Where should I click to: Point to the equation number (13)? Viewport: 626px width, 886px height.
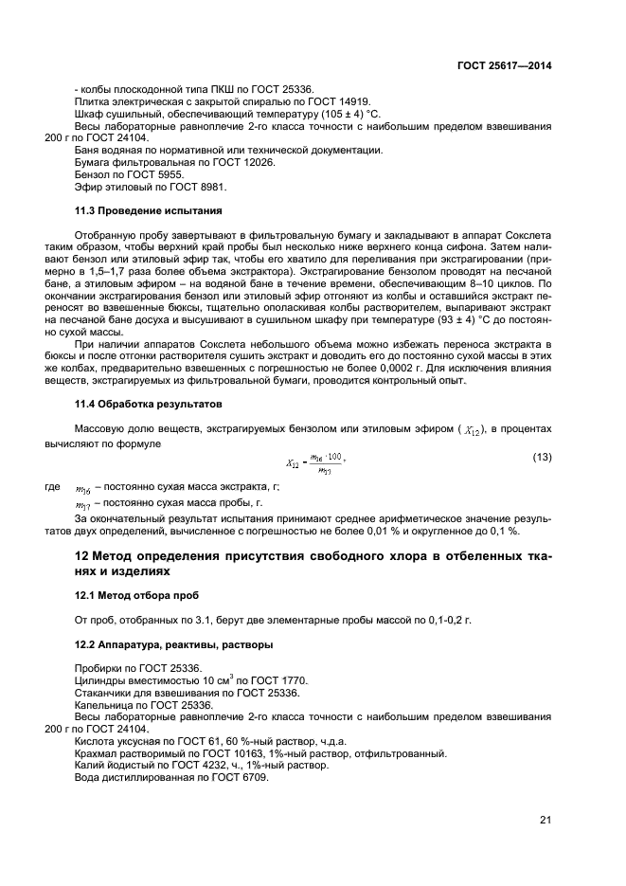click(542, 458)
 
